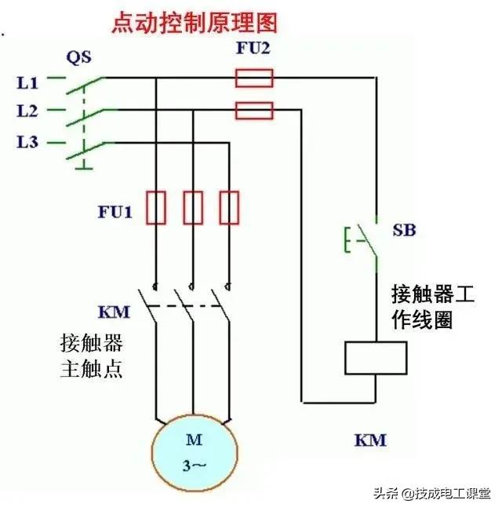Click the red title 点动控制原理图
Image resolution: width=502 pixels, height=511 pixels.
tap(195, 20)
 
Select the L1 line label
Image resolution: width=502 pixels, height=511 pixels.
tap(27, 81)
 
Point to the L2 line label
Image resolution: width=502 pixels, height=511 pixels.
tap(27, 111)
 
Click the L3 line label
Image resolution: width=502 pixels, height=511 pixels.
tap(27, 142)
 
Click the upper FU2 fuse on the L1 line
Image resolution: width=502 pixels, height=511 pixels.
tap(254, 78)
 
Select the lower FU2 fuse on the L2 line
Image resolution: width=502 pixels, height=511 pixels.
tap(254, 109)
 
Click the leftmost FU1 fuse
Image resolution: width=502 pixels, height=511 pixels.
tap(156, 207)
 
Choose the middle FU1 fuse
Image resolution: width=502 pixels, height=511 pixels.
tap(192, 207)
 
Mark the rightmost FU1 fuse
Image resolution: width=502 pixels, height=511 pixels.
tap(228, 207)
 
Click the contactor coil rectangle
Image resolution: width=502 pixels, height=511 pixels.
tap(376, 358)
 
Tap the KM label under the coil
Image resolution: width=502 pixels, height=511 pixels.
tap(370, 440)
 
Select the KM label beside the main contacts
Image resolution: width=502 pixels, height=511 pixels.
tap(114, 312)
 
